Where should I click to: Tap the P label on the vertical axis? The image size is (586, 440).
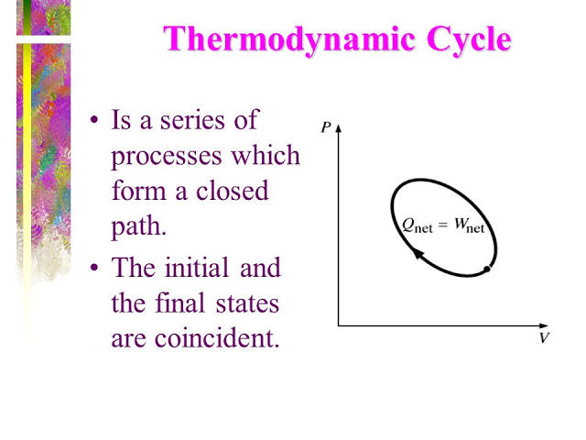(x=326, y=127)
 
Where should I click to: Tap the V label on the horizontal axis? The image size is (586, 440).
(x=544, y=338)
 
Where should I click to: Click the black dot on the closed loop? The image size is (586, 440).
(x=487, y=269)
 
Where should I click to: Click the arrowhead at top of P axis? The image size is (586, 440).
(x=339, y=127)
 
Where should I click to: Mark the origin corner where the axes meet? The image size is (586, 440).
(x=339, y=324)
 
